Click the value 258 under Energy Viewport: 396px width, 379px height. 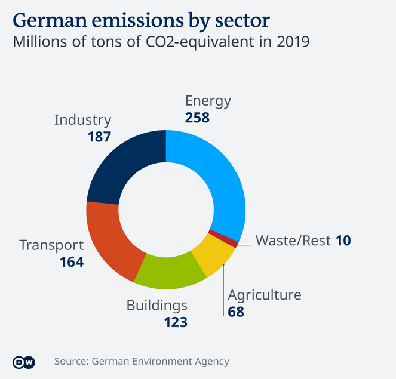tap(197, 118)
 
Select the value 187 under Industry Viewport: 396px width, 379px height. tap(99, 137)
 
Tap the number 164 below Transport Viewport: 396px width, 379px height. tap(71, 261)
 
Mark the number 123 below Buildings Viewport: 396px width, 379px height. tap(176, 322)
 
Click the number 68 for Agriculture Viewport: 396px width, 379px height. tap(236, 311)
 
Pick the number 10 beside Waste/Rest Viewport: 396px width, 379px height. tap(342, 241)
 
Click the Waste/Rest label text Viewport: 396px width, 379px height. tap(293, 241)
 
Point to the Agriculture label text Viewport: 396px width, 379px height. tap(265, 295)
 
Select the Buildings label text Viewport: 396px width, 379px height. tap(156, 306)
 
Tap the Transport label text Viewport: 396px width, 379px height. tap(51, 245)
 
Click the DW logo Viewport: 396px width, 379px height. tap(24, 362)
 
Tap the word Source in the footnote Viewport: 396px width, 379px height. tap(70, 362)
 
